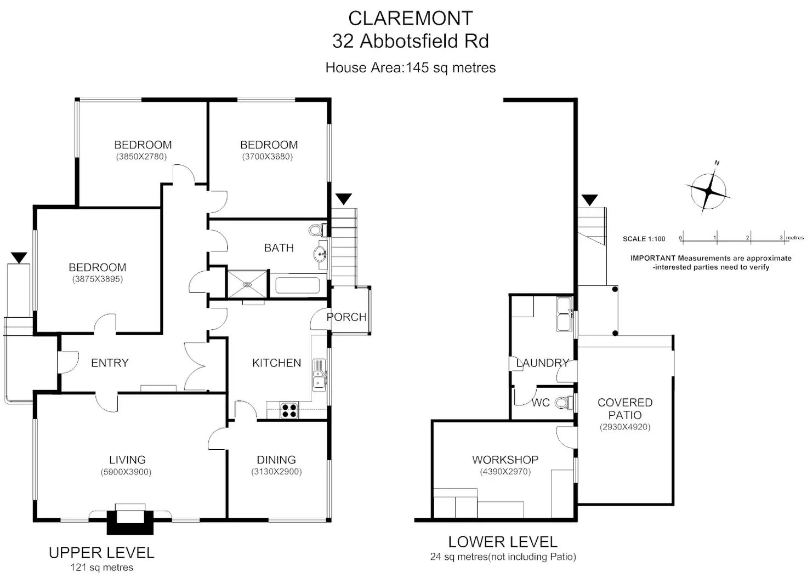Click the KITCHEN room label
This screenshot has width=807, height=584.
[276, 363]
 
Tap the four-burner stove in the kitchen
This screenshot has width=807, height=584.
[289, 410]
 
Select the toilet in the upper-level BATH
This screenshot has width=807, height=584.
[318, 230]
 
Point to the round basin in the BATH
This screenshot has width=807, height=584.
[320, 255]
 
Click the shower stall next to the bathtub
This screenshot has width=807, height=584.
[247, 284]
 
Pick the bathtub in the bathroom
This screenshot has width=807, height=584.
[298, 285]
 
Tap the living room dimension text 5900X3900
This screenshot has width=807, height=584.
[126, 472]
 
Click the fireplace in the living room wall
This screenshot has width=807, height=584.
[130, 519]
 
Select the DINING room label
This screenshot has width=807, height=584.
[276, 460]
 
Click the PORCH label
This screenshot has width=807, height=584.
[346, 317]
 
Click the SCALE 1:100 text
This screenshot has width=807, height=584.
[644, 239]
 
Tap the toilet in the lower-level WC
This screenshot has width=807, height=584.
[564, 403]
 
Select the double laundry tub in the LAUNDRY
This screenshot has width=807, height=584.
[564, 314]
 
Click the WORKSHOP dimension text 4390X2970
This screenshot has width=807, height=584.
[505, 472]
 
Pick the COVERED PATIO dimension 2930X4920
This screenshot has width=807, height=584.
[625, 427]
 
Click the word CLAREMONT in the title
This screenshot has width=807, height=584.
[411, 19]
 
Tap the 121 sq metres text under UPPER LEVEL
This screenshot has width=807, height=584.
[102, 568]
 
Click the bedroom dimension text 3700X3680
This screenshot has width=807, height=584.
[268, 157]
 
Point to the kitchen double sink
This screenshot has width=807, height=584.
[319, 375]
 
